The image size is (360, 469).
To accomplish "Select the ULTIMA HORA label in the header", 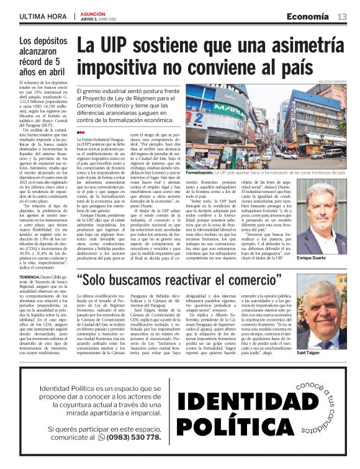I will click(42, 16).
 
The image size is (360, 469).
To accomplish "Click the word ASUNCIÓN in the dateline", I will click(92, 13).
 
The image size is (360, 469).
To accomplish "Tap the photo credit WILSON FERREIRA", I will click(332, 81).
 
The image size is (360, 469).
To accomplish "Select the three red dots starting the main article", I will click(79, 133).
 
